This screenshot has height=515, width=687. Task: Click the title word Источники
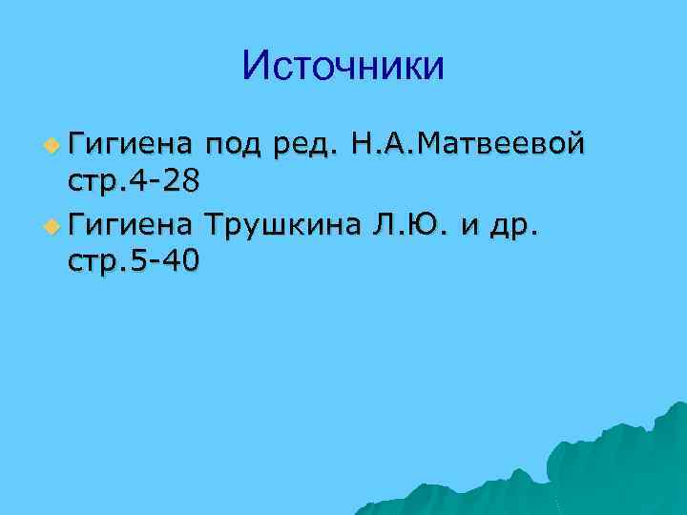[x=343, y=66]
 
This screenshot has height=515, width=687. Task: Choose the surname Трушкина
[x=294, y=226]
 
